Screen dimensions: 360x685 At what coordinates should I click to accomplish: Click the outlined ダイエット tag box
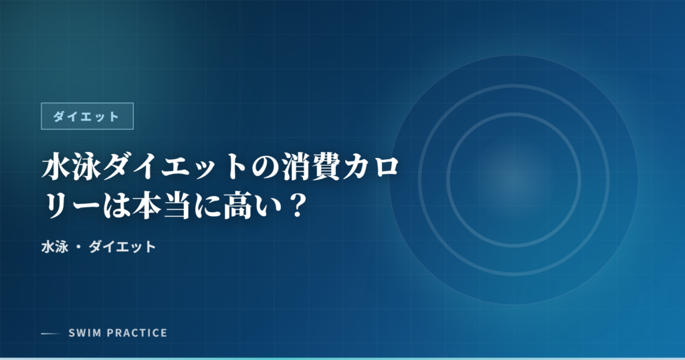pyautogui.click(x=88, y=116)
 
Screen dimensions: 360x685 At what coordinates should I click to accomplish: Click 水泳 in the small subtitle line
pyautogui.click(x=54, y=247)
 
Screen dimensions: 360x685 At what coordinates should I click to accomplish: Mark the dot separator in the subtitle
pyautogui.click(x=78, y=248)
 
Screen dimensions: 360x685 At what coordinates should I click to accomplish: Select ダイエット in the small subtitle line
pyautogui.click(x=122, y=247)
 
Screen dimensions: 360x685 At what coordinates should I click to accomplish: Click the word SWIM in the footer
pyautogui.click(x=84, y=333)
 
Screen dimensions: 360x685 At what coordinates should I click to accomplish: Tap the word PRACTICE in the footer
pyautogui.click(x=136, y=333)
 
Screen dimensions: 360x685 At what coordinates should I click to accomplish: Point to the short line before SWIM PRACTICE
pyautogui.click(x=51, y=333)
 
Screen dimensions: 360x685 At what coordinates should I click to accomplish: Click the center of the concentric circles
pyautogui.click(x=513, y=180)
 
